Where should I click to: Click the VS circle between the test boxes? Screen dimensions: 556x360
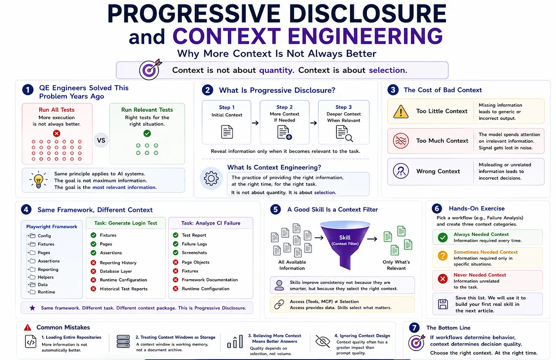click(x=101, y=140)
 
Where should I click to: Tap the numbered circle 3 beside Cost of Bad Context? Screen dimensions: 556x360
click(x=393, y=90)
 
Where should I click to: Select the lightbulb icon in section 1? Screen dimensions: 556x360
click(x=38, y=180)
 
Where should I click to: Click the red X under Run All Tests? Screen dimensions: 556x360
click(x=57, y=133)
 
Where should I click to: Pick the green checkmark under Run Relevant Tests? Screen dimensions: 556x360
click(x=147, y=133)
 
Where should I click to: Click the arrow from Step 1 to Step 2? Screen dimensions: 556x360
click(x=255, y=123)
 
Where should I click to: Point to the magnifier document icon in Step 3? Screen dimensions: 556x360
click(x=344, y=133)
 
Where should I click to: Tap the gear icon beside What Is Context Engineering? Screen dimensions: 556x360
click(x=211, y=178)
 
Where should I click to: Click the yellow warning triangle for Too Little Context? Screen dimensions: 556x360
click(x=401, y=111)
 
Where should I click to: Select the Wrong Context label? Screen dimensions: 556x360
click(x=438, y=171)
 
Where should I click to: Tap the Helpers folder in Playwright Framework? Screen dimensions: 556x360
click(x=41, y=277)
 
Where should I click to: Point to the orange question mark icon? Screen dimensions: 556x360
click(x=443, y=256)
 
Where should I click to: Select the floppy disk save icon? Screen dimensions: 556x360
click(x=443, y=304)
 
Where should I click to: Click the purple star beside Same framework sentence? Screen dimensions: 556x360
click(x=32, y=308)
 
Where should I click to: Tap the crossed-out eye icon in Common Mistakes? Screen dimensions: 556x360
click(x=323, y=342)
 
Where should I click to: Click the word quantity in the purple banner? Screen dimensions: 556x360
click(x=276, y=70)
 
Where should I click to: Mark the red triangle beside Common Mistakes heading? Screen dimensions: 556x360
click(x=27, y=328)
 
